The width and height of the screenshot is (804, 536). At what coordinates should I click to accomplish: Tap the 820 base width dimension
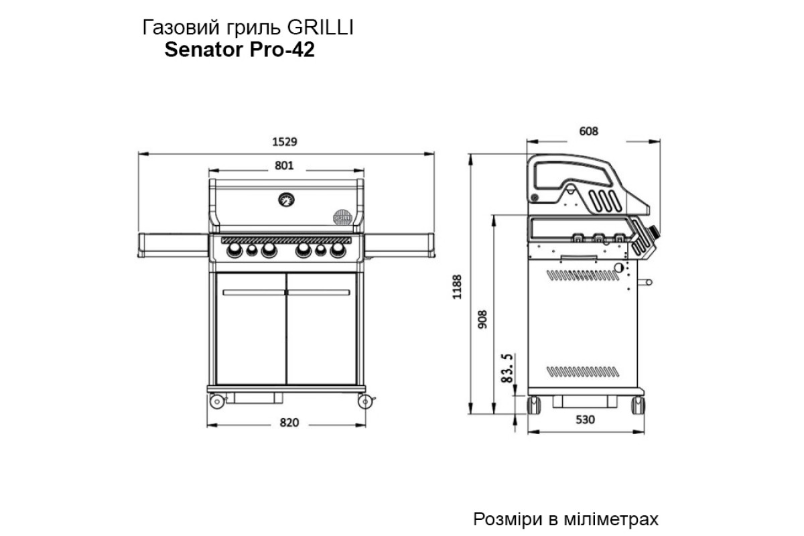tap(288, 423)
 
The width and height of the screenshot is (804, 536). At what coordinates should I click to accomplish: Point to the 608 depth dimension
tap(586, 131)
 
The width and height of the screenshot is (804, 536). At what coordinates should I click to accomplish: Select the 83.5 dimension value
tap(508, 368)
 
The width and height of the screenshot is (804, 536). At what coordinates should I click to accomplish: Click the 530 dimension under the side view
tap(586, 421)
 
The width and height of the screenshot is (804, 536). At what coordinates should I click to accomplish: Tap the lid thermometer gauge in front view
tap(287, 199)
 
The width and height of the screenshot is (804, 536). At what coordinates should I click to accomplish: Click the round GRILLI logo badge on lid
tap(342, 216)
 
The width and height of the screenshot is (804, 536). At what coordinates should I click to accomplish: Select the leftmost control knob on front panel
tap(235, 251)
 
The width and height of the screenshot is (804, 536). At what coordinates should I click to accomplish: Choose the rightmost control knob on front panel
tap(338, 251)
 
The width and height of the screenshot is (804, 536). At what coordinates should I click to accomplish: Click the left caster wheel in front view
tap(217, 401)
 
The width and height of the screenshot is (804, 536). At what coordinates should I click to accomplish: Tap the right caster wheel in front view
tap(365, 401)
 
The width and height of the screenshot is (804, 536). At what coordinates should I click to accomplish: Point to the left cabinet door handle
tap(254, 292)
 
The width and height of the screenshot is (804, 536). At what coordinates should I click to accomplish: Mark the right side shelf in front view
tap(401, 244)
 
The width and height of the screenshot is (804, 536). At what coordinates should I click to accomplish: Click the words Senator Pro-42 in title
tap(239, 50)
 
